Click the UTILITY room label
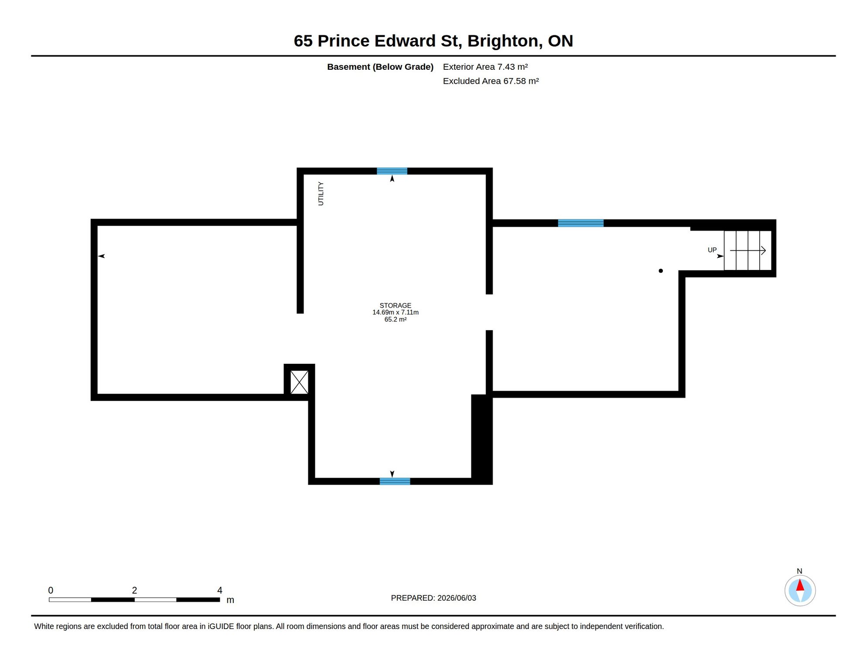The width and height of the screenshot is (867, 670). click(x=321, y=194)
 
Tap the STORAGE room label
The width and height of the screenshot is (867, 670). click(x=395, y=305)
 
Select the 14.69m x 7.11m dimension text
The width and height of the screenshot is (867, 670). click(x=395, y=312)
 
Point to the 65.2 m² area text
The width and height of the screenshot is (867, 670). click(x=395, y=319)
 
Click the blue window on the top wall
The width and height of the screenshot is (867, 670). click(x=392, y=171)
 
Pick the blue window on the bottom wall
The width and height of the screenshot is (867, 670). click(x=395, y=481)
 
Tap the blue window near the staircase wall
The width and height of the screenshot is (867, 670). click(x=580, y=223)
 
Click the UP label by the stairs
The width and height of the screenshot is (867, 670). click(x=712, y=250)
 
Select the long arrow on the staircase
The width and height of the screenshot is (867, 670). click(x=748, y=250)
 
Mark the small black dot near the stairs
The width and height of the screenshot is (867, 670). click(x=661, y=271)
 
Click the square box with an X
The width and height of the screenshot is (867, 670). click(x=299, y=382)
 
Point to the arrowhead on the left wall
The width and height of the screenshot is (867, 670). click(x=101, y=256)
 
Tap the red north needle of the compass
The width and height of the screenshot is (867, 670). click(x=800, y=585)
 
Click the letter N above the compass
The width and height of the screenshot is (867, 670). click(x=799, y=571)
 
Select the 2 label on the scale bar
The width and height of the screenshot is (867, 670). click(x=134, y=590)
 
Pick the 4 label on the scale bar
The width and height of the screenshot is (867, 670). click(x=220, y=590)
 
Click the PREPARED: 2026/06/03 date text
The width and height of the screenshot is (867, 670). click(x=433, y=598)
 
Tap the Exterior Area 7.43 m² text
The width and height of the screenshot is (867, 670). click(x=485, y=67)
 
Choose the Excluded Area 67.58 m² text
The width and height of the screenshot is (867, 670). click(x=491, y=81)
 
